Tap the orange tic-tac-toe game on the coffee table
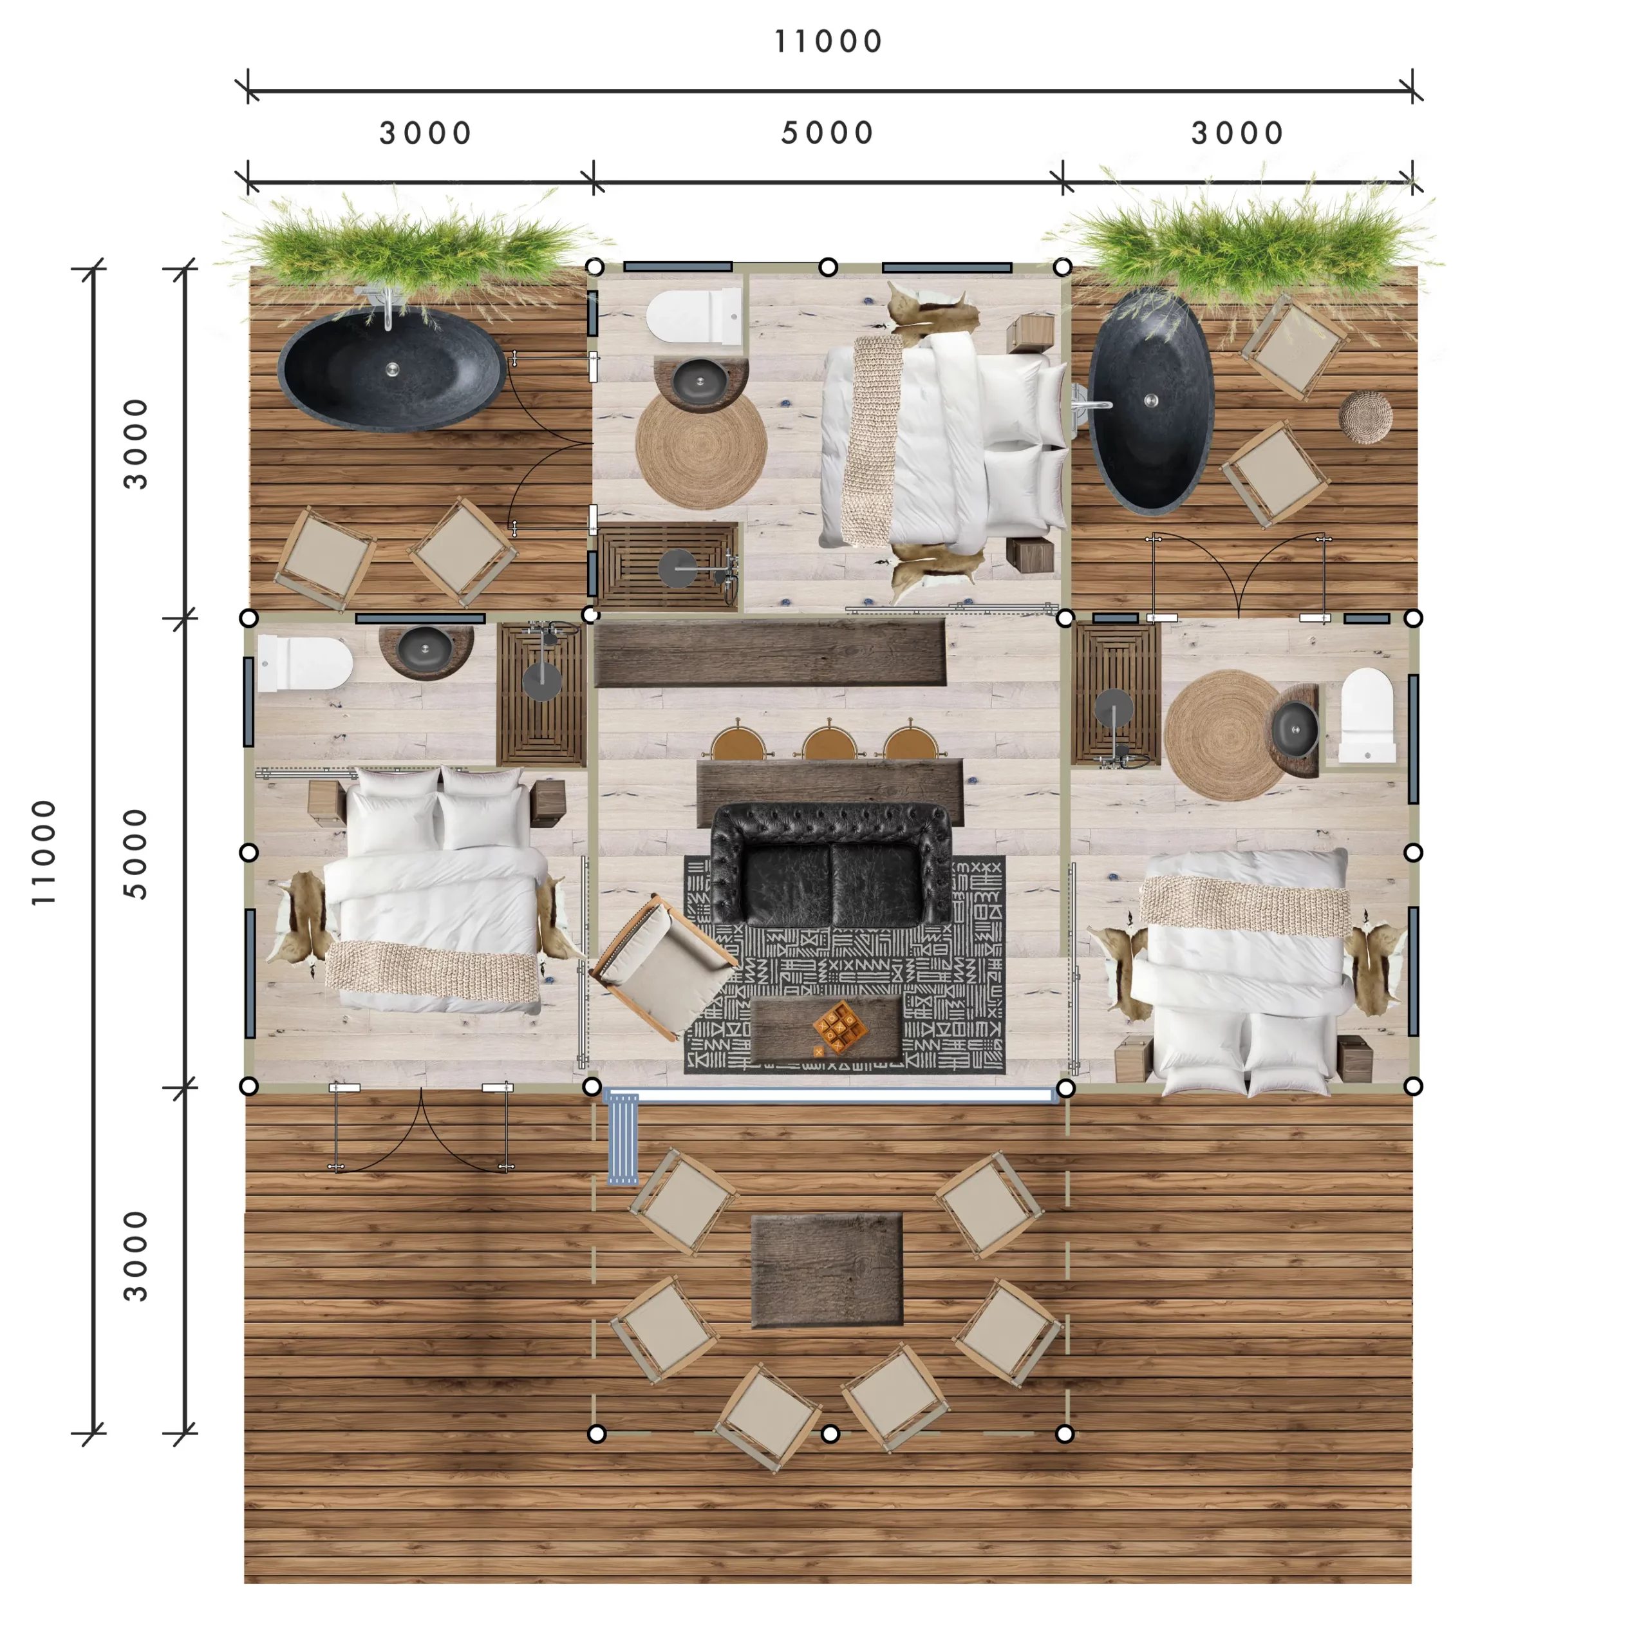coord(839,1026)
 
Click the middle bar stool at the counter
coord(829,740)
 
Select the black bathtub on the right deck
coord(1150,401)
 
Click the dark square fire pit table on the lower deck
coord(827,1270)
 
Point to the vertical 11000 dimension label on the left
coord(44,851)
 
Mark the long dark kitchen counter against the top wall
coord(771,654)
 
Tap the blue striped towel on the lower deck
coord(622,1139)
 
